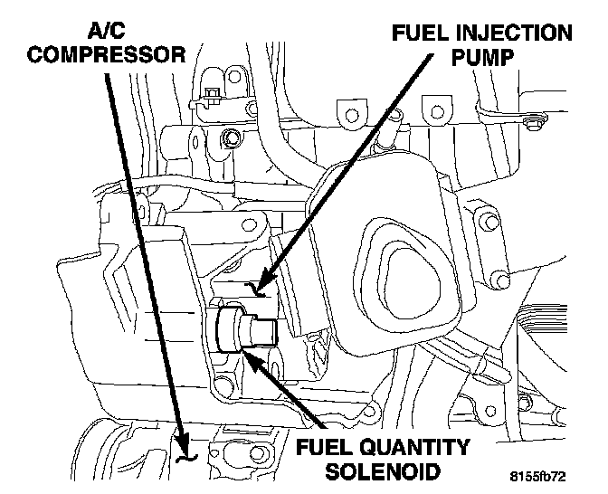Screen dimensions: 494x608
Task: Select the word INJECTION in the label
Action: [x=517, y=34]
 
